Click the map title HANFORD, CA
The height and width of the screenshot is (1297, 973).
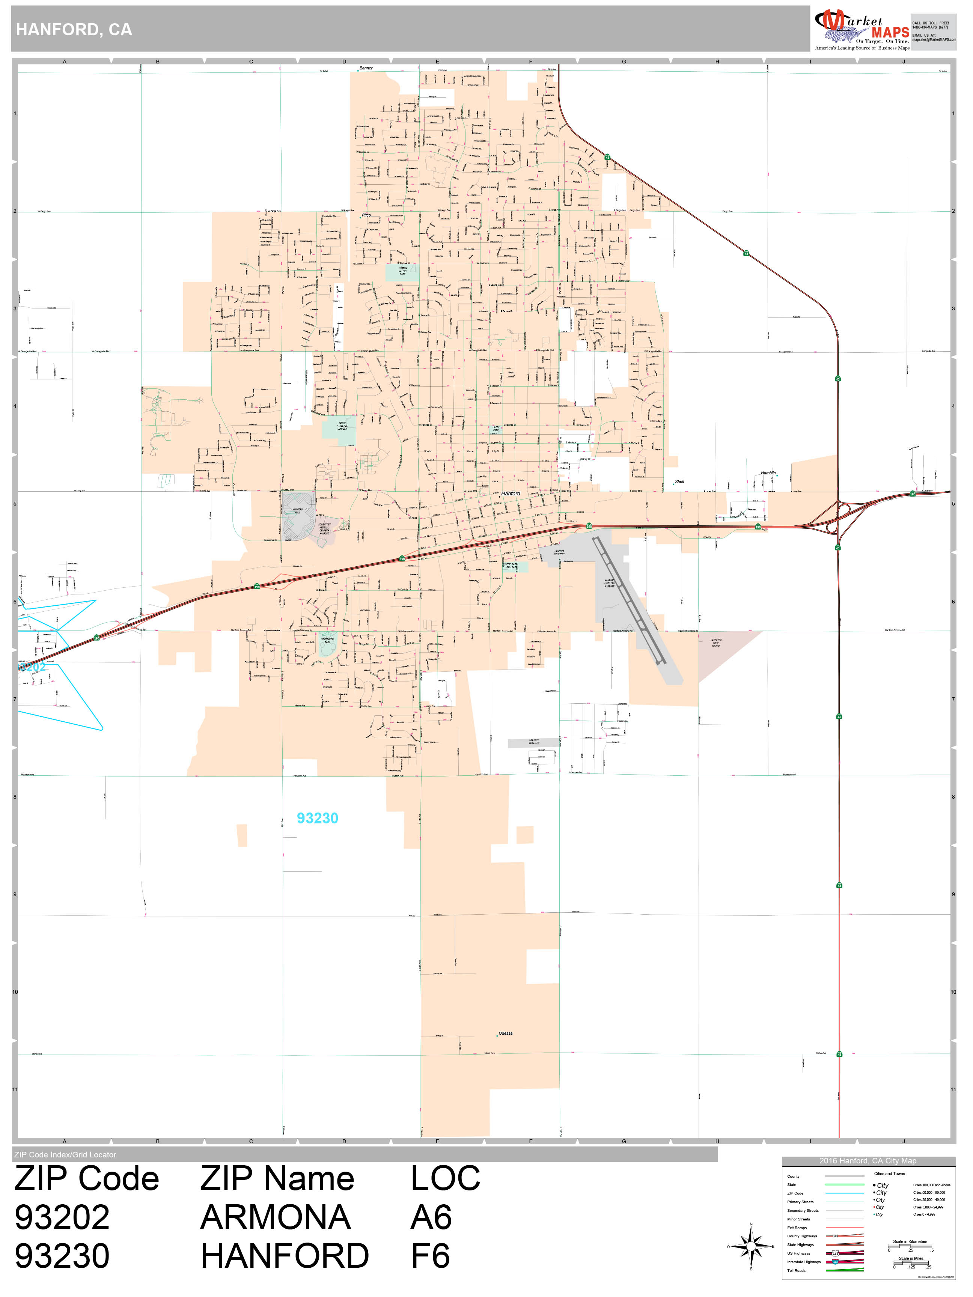[74, 30]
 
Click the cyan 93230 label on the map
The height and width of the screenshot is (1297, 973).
[317, 818]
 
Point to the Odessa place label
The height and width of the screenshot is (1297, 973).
[505, 1033]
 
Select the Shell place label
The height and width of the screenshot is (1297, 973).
[679, 481]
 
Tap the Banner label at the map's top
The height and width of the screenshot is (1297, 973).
[366, 68]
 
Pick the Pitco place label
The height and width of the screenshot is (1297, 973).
[366, 215]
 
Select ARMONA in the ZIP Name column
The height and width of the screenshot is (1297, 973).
[275, 1218]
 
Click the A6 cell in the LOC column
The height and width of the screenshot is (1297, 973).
[431, 1218]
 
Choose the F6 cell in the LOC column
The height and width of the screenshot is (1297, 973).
[431, 1256]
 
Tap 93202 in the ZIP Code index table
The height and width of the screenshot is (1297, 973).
[62, 1218]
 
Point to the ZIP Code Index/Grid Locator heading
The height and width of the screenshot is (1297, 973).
[65, 1154]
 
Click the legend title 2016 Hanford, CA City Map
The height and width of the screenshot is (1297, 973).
[868, 1161]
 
